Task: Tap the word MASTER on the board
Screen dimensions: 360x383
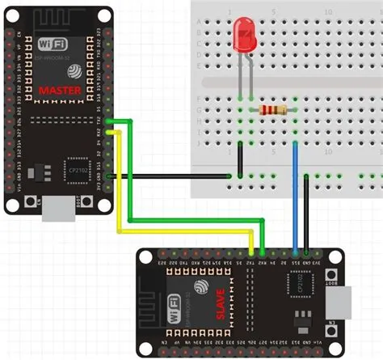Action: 59,91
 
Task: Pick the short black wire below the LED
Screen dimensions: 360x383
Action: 241,158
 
